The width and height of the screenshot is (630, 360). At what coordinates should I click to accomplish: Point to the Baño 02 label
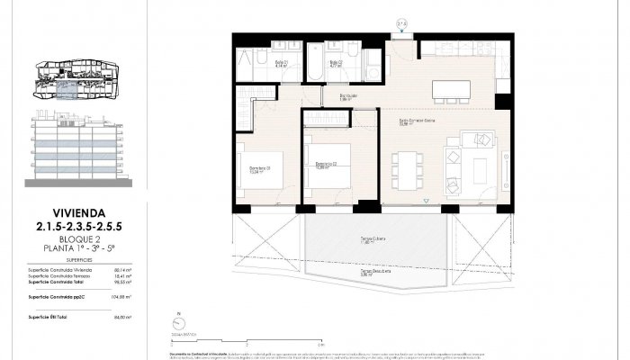click(x=335, y=63)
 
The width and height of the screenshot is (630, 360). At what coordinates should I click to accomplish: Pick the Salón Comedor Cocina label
click(x=417, y=121)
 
